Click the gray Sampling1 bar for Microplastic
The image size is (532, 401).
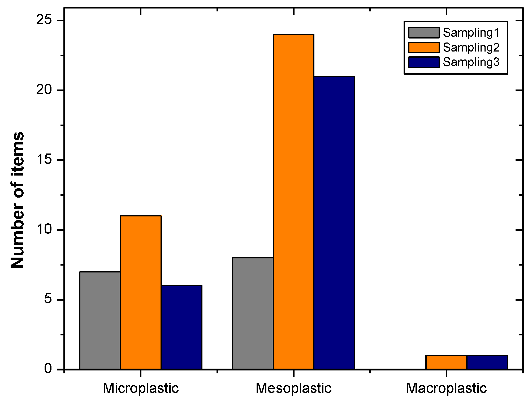point(100,320)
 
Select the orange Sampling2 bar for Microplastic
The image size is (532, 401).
point(141,292)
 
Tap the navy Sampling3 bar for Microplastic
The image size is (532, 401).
point(181,327)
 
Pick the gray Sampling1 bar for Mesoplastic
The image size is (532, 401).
point(253,313)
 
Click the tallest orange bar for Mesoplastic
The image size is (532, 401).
point(293,202)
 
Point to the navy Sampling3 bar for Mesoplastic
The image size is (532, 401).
point(334,223)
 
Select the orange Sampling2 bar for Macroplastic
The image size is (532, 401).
point(446,362)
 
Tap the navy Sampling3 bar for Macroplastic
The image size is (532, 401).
point(487,362)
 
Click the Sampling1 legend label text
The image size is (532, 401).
point(471,33)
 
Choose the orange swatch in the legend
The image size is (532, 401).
point(424,48)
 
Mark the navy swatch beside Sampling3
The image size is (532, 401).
point(424,62)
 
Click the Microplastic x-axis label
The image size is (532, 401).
point(141,388)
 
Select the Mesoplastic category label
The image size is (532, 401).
point(293,388)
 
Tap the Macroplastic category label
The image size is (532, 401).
point(446,388)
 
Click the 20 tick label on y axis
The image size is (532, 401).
point(44,90)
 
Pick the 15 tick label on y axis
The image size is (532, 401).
point(44,160)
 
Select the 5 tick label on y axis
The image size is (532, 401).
point(48,299)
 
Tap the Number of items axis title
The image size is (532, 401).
point(18,200)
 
